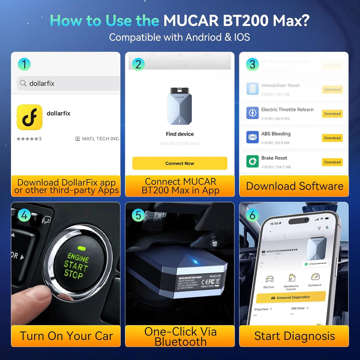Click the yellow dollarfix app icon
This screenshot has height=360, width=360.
tap(30, 117)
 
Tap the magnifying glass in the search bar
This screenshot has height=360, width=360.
tap(23, 83)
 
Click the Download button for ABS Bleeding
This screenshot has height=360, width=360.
tap(332, 138)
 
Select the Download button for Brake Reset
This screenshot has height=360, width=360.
tap(332, 162)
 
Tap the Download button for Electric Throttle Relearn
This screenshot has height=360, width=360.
tap(332, 114)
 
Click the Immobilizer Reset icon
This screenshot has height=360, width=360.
tap(252, 89)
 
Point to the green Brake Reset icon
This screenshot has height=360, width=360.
tap(252, 161)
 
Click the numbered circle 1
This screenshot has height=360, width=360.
tap(24, 64)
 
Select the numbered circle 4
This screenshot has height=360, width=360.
tap(24, 215)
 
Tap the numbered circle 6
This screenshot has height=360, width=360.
tap(252, 215)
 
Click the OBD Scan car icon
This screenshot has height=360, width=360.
tap(270, 280)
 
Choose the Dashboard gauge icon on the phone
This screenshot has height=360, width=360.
tap(315, 277)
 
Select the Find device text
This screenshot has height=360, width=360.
tap(180, 134)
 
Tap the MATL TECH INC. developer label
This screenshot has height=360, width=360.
tap(100, 139)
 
